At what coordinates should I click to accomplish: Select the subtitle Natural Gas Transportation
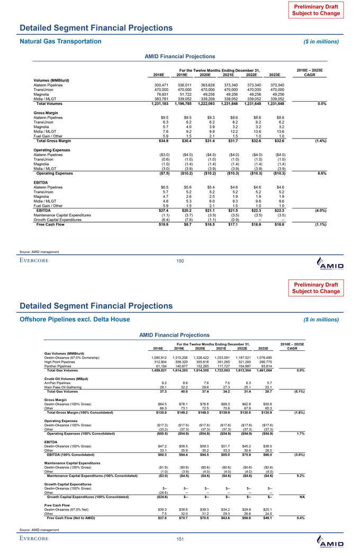[60, 41]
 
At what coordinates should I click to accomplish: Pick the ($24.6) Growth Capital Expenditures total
[159, 482]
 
